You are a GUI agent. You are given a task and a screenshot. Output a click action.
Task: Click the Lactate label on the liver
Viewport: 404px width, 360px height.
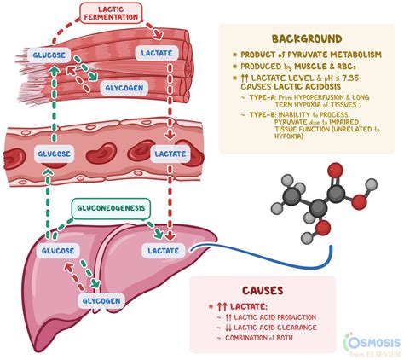click(x=162, y=252)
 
